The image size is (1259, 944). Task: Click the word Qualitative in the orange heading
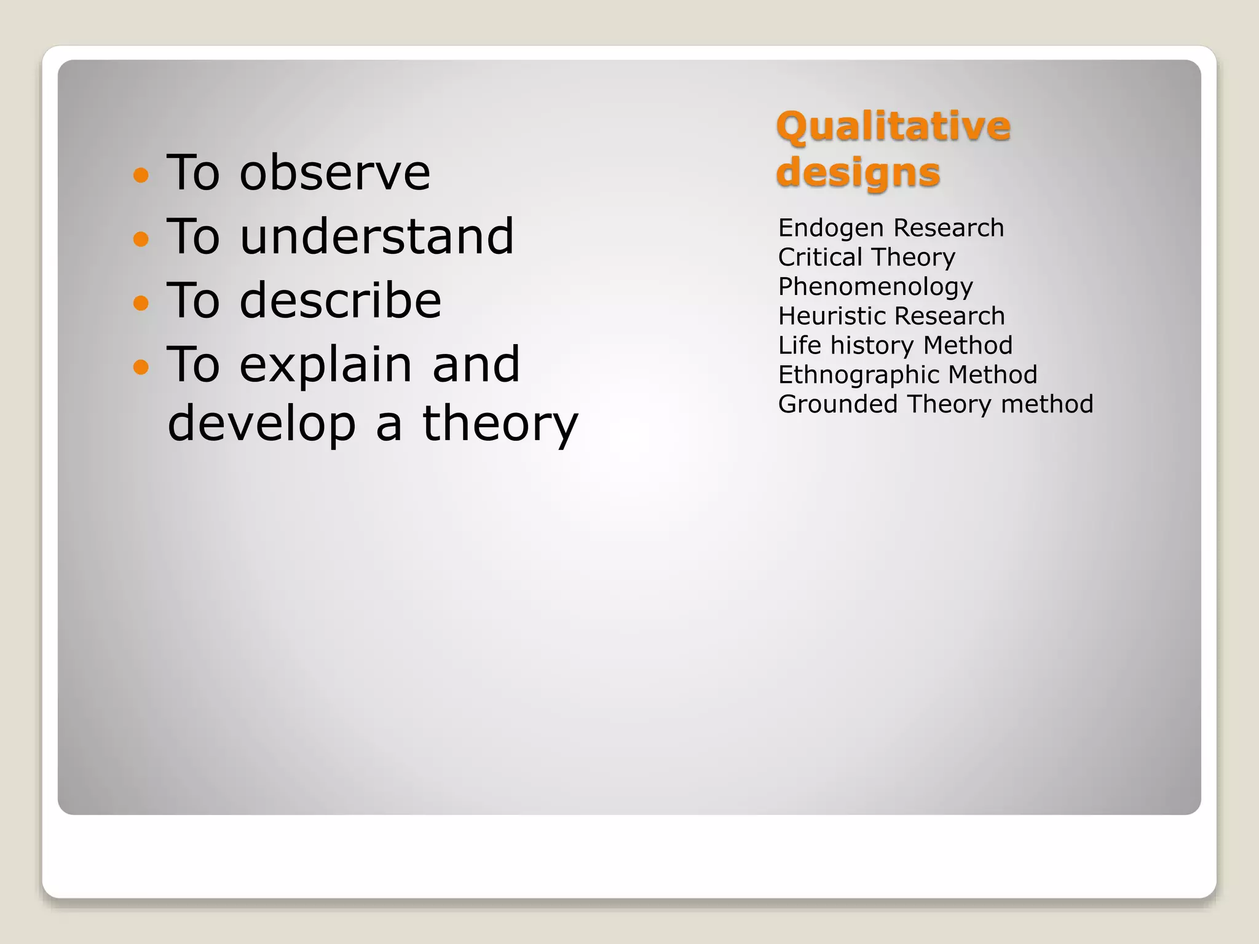coord(893,127)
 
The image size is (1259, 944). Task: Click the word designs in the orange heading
coord(858,173)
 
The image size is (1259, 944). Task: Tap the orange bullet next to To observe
coord(141,175)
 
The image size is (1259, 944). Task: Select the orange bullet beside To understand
coord(141,238)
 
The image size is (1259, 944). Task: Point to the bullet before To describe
coord(141,302)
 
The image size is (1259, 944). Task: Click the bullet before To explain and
coord(141,367)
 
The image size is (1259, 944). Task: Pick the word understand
coord(376,237)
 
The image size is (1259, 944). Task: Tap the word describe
coord(340,301)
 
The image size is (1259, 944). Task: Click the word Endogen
coord(822,229)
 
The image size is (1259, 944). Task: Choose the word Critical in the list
coord(820,258)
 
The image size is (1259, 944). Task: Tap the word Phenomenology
coord(875,288)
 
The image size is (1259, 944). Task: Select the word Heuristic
coord(827,317)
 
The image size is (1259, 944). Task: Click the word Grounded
coord(838,404)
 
